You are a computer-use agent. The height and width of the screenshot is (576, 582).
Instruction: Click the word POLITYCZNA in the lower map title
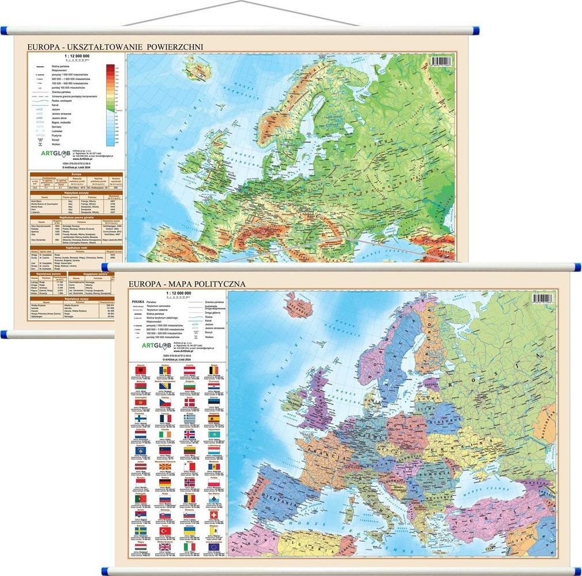coord(221,283)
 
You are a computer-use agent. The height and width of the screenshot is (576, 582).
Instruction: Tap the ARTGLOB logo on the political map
coord(149,347)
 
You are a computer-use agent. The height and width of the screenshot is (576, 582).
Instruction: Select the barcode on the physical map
coord(442,62)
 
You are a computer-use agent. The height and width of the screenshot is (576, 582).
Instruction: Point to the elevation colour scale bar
coord(110,103)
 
